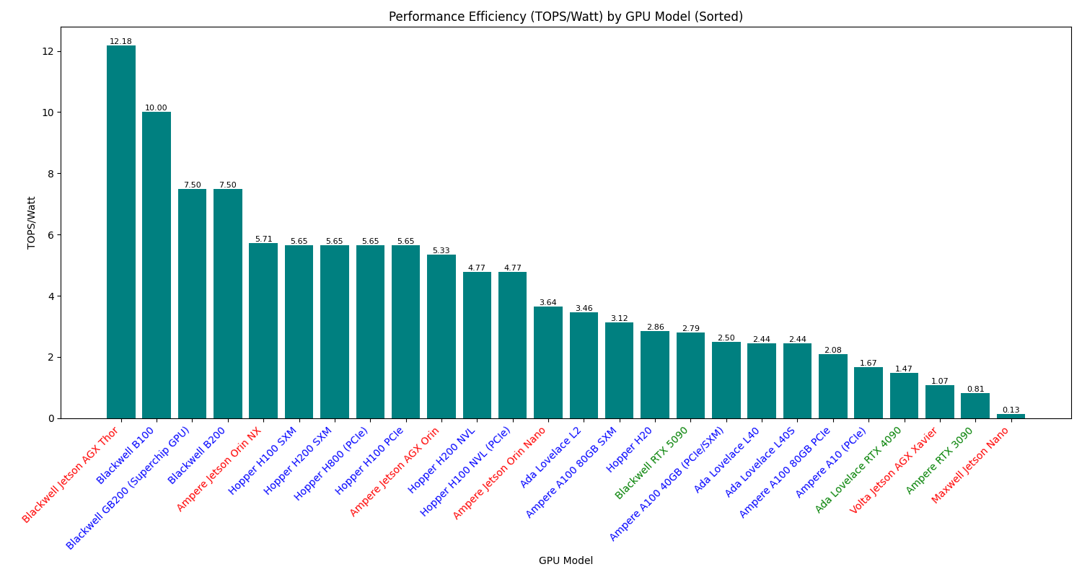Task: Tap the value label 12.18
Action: click(120, 42)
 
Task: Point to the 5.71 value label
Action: click(263, 239)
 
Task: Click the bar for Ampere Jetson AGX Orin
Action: click(441, 336)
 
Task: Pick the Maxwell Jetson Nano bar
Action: click(1011, 416)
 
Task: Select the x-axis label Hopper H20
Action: click(630, 450)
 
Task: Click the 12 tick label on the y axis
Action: click(48, 51)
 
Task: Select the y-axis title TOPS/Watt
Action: click(32, 223)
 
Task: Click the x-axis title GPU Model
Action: click(566, 560)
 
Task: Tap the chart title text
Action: click(566, 17)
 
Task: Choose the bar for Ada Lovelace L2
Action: click(584, 365)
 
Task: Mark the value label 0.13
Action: click(1011, 410)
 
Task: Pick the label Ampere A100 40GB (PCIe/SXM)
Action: click(667, 484)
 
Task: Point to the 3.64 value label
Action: click(548, 302)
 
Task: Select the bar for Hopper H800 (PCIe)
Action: click(370, 332)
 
